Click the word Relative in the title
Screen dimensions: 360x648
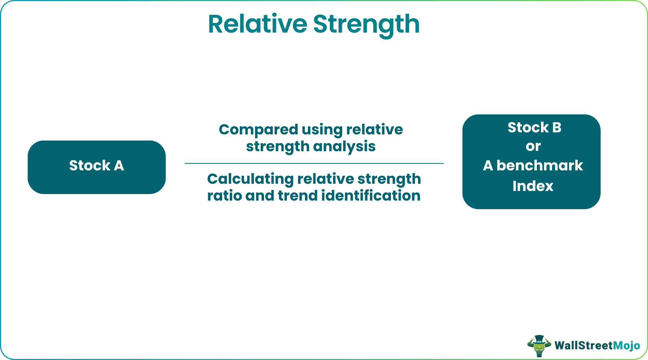point(257,24)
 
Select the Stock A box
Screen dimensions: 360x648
point(97,167)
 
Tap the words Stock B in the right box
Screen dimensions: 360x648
point(534,128)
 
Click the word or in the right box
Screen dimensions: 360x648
point(533,146)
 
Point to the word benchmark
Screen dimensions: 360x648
point(540,166)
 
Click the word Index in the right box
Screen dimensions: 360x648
point(533,186)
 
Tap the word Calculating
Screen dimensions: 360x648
point(250,179)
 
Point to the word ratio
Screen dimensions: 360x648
point(223,196)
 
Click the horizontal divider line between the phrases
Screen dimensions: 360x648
point(314,164)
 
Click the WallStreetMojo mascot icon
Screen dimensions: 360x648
point(539,346)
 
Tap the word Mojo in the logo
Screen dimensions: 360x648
point(626,345)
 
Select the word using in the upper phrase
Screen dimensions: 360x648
point(322,130)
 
